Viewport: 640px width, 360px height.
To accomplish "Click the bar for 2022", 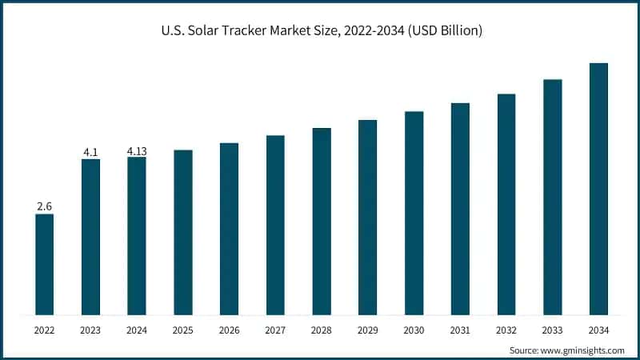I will coord(45,264).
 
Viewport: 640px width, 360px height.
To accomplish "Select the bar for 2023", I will coord(90,237).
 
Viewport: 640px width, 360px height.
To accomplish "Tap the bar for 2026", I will coord(229,229).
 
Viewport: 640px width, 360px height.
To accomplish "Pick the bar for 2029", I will coord(367,217).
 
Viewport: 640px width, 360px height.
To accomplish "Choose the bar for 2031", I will coord(460,209).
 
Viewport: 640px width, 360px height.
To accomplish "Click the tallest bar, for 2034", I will coord(598,189).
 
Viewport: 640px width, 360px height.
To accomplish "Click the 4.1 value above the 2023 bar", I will coord(90,152).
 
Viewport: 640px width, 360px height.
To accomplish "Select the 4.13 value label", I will coord(137,150).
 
